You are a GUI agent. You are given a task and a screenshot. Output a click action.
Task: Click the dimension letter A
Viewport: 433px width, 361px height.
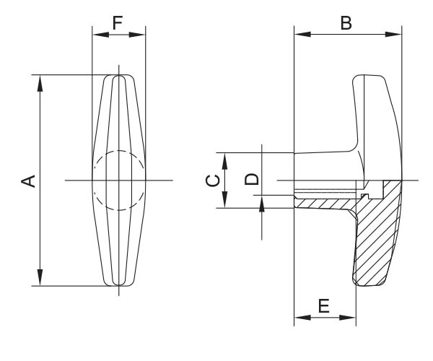28,181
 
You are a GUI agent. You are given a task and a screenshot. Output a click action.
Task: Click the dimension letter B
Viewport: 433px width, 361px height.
346,23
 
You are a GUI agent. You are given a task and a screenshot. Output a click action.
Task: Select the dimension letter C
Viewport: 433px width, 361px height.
213,181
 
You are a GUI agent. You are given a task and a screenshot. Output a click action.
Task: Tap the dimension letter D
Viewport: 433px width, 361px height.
252,179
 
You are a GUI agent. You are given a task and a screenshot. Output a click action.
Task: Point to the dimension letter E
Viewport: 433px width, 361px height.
324,305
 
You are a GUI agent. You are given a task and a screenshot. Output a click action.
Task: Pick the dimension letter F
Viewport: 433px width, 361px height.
118,23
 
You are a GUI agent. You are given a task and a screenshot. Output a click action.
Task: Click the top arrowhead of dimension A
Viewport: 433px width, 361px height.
40,83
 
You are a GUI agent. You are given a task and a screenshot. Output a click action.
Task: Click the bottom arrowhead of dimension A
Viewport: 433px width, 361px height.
40,277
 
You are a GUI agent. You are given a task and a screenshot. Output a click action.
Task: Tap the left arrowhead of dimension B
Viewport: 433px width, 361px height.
302,34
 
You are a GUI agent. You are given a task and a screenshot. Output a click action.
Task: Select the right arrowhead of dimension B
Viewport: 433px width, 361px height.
393,34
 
